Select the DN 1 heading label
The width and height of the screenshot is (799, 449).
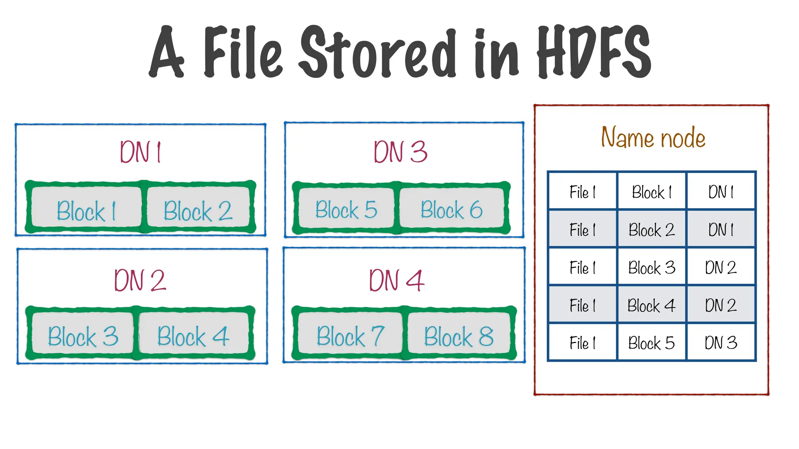pos(140,152)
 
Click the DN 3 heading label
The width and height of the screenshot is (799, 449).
pos(401,152)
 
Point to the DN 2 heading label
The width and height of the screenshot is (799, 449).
pos(140,280)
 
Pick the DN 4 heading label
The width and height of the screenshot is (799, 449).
pos(397,280)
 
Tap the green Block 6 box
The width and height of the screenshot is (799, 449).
pos(452,209)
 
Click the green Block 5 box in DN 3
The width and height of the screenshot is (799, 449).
pos(346,209)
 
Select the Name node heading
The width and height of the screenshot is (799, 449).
pos(653,138)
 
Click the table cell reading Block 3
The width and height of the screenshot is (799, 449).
pos(652,267)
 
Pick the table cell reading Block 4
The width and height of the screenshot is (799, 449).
pos(652,305)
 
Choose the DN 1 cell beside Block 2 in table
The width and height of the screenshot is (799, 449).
pos(721,230)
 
